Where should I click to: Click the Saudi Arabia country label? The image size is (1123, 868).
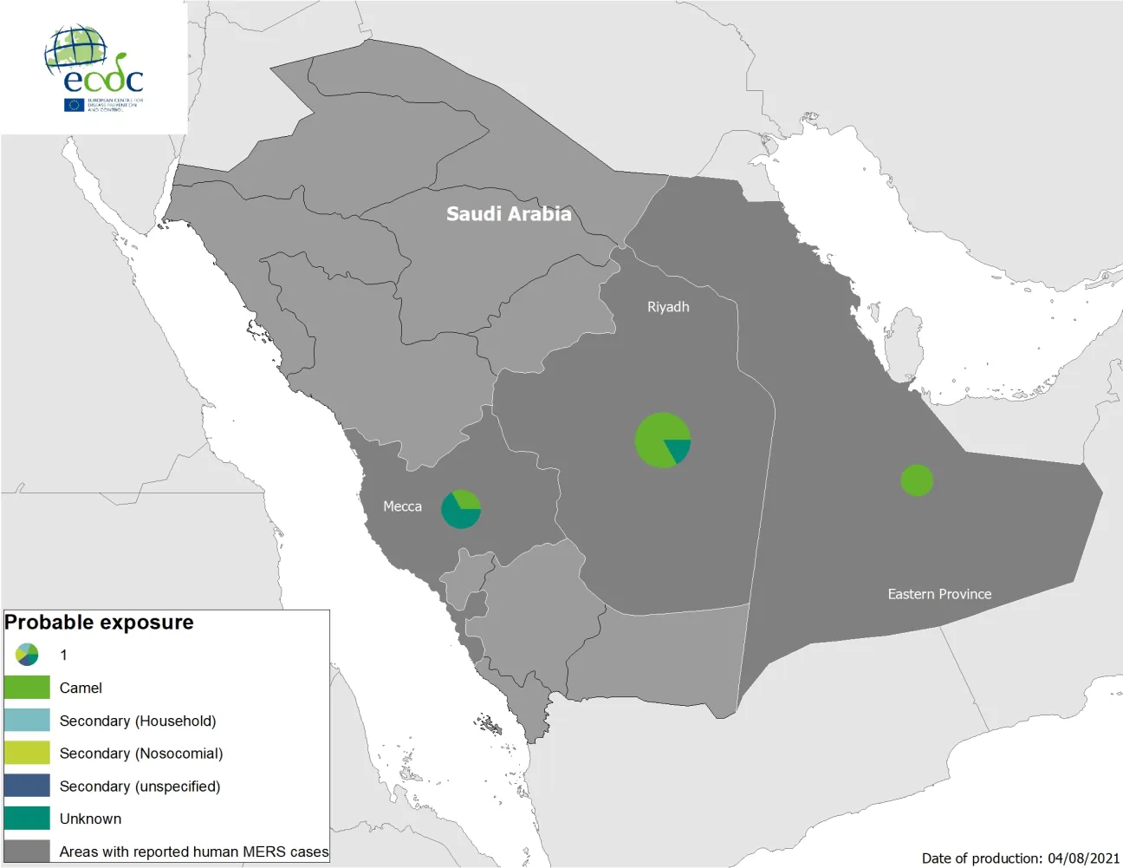(509, 214)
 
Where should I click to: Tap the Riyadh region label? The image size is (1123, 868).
(668, 307)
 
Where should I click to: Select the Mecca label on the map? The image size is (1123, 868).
(402, 506)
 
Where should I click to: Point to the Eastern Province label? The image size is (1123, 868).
(939, 594)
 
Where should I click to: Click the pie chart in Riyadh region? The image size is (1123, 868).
(663, 441)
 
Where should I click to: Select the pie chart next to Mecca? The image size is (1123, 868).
(461, 509)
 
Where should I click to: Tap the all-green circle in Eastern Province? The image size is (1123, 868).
(917, 480)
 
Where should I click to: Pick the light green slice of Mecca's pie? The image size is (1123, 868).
(467, 499)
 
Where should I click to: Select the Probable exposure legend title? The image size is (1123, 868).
(99, 623)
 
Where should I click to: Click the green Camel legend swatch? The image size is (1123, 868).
(27, 688)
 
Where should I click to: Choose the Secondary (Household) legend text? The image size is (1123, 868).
(138, 721)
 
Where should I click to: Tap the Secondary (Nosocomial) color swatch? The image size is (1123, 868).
(27, 753)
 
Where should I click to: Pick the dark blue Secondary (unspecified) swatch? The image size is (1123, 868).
(27, 786)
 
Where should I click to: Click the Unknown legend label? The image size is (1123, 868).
(90, 819)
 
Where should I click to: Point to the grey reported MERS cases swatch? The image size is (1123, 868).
(27, 851)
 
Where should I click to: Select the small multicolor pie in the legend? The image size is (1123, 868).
(27, 655)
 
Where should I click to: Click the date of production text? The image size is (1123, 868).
(1020, 858)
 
